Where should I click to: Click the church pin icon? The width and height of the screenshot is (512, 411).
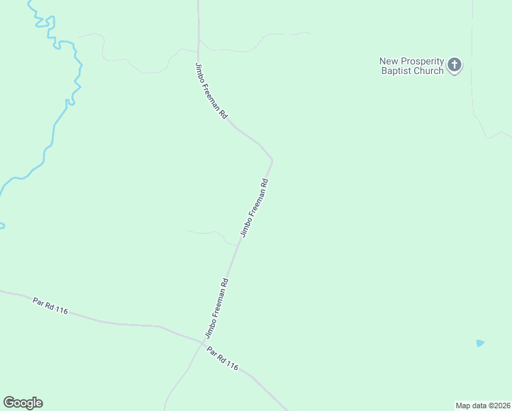[x=455, y=66]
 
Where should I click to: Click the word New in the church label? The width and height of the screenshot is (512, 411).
[x=388, y=61]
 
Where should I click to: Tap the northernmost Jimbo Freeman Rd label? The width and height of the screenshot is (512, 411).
[x=211, y=91]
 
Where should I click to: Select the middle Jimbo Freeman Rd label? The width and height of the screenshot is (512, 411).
[x=253, y=208]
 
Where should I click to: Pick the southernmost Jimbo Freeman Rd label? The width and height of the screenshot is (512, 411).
[x=216, y=308]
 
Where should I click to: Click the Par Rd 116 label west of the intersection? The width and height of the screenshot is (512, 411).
[x=51, y=306]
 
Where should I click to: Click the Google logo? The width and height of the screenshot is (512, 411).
[x=23, y=403]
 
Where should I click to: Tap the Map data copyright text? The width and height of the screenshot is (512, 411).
[x=483, y=406]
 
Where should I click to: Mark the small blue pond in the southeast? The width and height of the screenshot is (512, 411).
[x=480, y=343]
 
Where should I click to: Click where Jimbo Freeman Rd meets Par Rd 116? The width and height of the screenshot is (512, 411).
[x=201, y=342]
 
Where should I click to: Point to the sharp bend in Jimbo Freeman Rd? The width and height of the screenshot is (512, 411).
[x=272, y=160]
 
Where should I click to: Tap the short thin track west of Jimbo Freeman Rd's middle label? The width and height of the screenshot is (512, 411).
[x=205, y=232]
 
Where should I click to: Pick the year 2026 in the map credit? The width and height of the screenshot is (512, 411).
[x=500, y=406]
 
